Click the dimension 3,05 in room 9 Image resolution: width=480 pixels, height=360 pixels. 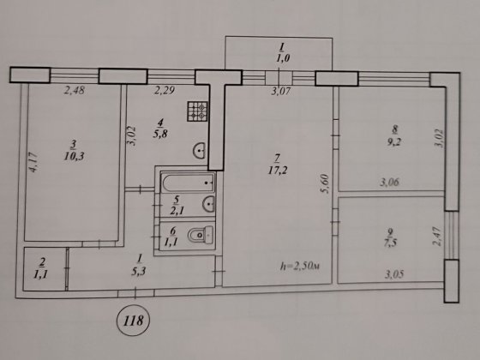(396, 275)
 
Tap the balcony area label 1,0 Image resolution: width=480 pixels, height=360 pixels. (279, 57)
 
